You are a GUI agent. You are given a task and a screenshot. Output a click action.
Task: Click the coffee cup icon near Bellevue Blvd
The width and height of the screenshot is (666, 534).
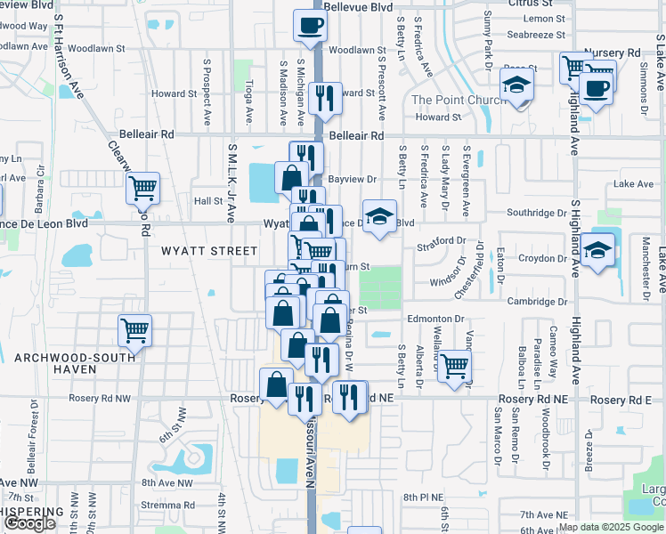click(311, 26)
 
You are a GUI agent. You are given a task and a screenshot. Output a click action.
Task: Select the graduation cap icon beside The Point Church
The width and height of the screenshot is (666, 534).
click(516, 85)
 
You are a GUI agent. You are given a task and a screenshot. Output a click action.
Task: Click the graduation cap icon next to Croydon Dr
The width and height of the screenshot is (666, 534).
click(600, 249)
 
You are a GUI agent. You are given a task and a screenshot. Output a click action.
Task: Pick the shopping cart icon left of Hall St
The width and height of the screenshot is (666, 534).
click(142, 188)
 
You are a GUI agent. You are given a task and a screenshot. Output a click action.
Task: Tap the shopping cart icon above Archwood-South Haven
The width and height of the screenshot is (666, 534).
click(135, 330)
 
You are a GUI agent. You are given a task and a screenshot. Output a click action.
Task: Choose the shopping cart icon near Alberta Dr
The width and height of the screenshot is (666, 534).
click(454, 365)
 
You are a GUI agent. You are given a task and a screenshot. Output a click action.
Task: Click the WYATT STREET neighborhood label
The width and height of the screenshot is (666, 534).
click(209, 251)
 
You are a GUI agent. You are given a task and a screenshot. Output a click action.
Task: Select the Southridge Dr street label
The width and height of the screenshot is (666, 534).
click(537, 214)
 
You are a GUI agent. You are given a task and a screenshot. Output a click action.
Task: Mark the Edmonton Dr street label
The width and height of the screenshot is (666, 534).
click(436, 318)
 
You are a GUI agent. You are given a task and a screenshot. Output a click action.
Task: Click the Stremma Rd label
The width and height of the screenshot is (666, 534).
click(161, 505)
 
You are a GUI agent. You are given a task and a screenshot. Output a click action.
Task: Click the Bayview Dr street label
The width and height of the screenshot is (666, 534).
click(346, 179)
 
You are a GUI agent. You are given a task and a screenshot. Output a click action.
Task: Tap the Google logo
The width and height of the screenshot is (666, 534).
click(30, 523)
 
